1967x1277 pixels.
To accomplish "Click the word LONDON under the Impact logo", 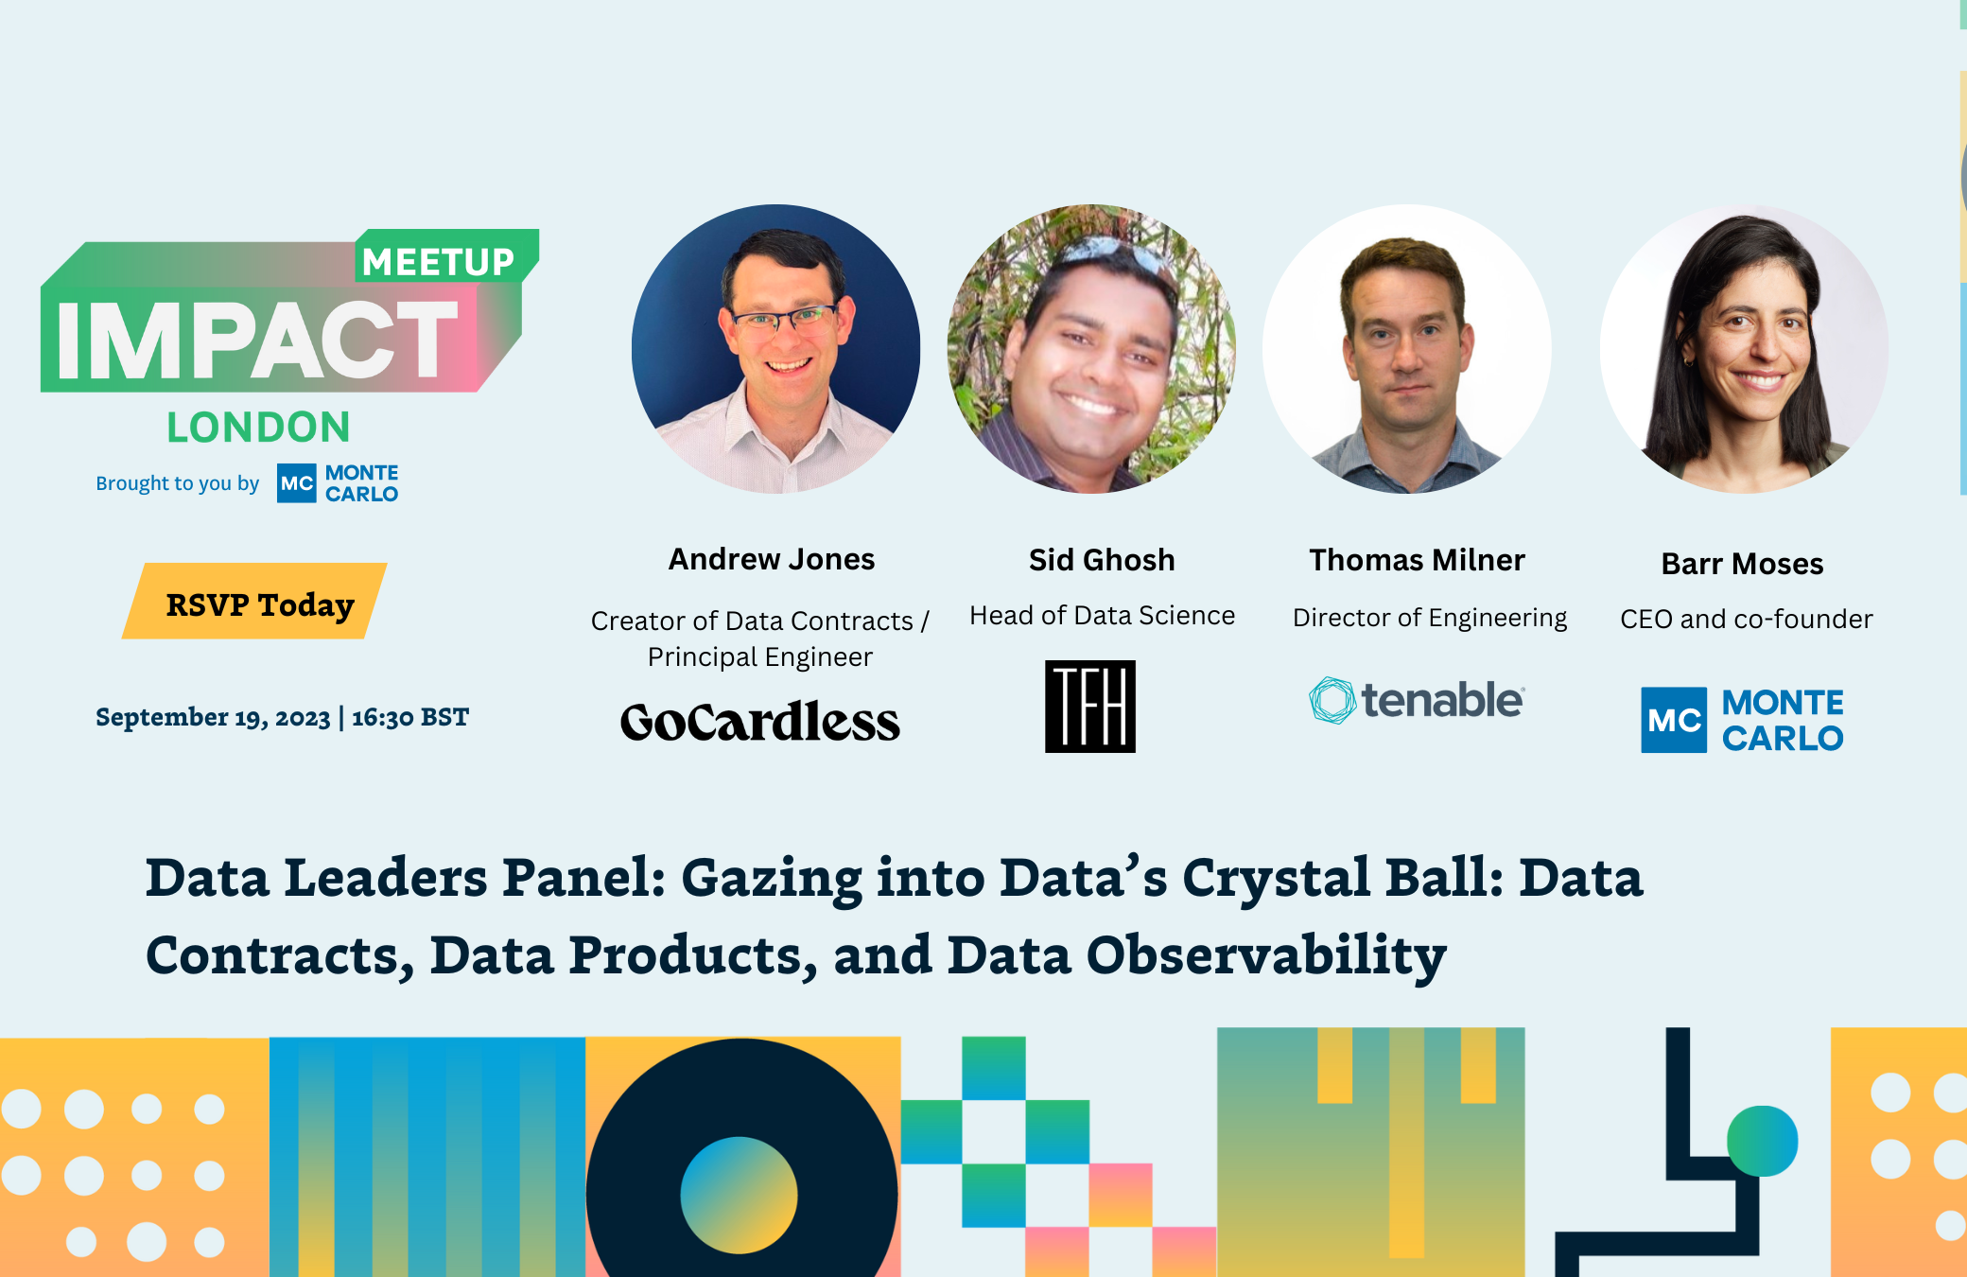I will coord(258,428).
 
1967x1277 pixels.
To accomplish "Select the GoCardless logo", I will coord(759,722).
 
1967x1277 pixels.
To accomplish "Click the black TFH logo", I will coord(1089,707).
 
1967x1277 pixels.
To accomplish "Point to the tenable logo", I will coord(1417,701).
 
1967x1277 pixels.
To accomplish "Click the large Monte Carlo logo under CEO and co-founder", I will coord(1742,720).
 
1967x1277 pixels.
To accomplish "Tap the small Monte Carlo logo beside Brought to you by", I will coord(338,483).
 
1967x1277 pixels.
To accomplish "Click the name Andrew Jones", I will coord(772,559).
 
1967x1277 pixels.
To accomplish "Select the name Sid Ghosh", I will coord(1102,560).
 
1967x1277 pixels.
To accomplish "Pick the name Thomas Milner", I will coord(1417,560).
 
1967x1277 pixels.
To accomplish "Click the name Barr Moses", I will coord(1742,564).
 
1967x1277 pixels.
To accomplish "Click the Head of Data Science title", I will coord(1102,616).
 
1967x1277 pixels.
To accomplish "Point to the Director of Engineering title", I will coord(1429,618).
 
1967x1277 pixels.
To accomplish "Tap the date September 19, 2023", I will coord(213,718).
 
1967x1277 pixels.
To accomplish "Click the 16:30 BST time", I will coord(410,718).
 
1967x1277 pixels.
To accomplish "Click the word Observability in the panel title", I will coord(1266,955).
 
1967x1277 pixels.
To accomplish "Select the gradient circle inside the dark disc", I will coord(739,1195).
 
